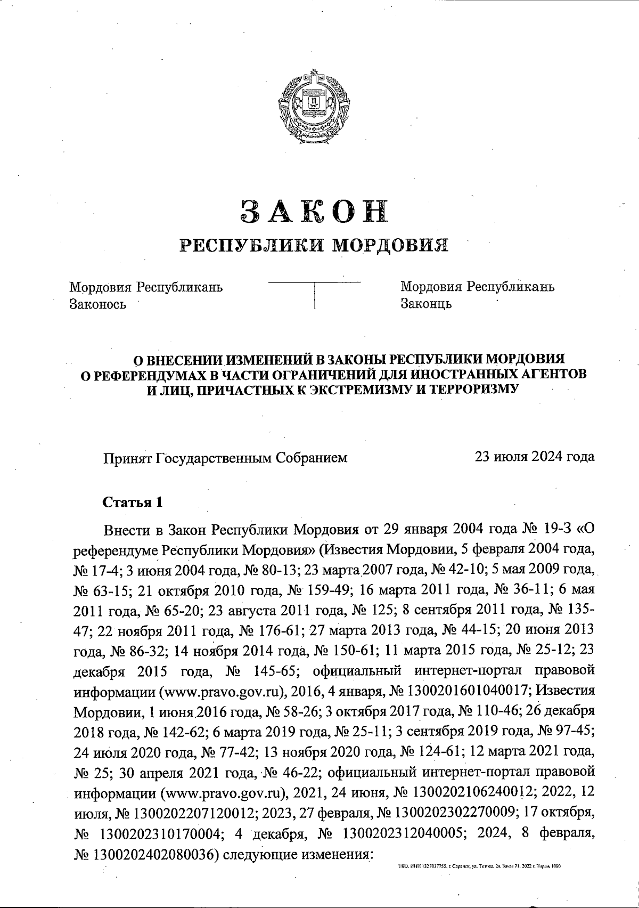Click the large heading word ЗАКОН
[314, 212]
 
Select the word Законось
[98, 304]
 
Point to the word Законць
[426, 304]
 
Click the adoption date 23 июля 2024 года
[535, 457]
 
